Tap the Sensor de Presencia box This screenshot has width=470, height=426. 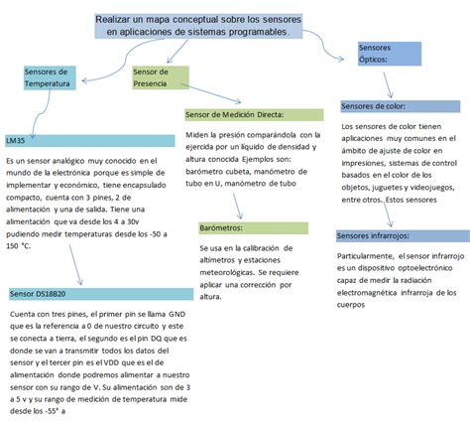click(157, 77)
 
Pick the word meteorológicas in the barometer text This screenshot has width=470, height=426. click(231, 271)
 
